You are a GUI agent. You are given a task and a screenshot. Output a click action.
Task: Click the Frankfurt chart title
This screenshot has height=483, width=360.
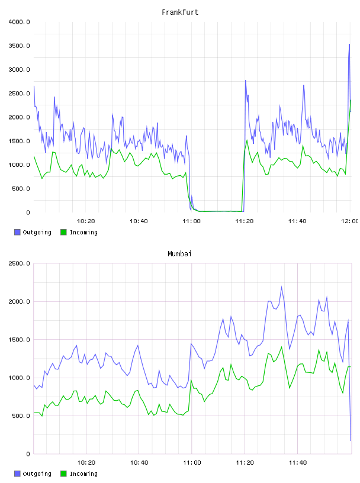coord(180,12)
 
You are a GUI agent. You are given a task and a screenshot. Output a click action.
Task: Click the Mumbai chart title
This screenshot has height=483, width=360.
coord(179,254)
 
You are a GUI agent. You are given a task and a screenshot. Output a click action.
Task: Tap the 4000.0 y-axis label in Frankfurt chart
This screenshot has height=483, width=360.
coord(19,22)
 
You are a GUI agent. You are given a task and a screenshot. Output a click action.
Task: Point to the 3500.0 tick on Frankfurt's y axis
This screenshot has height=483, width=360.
coord(19,46)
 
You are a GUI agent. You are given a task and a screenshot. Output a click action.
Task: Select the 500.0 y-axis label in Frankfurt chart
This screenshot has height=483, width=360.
coord(21,188)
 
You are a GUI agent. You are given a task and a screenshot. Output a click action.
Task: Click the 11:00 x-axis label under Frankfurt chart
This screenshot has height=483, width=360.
coord(191,221)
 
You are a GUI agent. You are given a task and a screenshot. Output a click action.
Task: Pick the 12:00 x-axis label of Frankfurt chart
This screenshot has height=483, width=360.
coord(350,221)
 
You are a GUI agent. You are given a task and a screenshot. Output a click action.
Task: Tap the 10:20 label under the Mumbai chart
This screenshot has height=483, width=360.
coord(86,463)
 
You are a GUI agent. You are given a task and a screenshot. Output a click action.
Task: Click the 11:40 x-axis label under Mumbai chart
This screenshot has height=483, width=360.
coord(298,463)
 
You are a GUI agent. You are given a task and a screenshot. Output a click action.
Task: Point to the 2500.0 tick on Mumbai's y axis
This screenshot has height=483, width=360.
coord(19,263)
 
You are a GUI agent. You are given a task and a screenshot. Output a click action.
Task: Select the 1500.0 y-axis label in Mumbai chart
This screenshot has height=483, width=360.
coord(19,340)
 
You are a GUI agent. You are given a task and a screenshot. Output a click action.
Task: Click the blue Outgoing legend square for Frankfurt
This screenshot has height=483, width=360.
coord(17,232)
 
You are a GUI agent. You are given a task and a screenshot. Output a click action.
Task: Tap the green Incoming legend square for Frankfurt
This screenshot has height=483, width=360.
coord(63,232)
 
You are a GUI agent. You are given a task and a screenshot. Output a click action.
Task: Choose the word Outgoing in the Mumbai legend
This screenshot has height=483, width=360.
coord(37,474)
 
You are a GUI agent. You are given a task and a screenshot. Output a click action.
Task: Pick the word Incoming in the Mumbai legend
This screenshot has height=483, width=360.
coord(83,474)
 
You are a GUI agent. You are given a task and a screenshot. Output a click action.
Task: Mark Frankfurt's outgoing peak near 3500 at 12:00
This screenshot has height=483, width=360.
coord(349,44)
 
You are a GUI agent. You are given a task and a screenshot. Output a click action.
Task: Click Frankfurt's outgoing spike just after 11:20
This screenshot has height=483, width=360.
coord(246,80)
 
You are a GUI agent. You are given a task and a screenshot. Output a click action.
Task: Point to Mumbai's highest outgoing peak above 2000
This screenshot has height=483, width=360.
coord(281,286)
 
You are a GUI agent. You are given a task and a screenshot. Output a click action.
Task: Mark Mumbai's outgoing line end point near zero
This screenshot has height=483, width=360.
coord(351,440)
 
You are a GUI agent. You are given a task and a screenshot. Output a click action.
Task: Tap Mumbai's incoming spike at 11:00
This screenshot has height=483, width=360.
coord(191,380)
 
